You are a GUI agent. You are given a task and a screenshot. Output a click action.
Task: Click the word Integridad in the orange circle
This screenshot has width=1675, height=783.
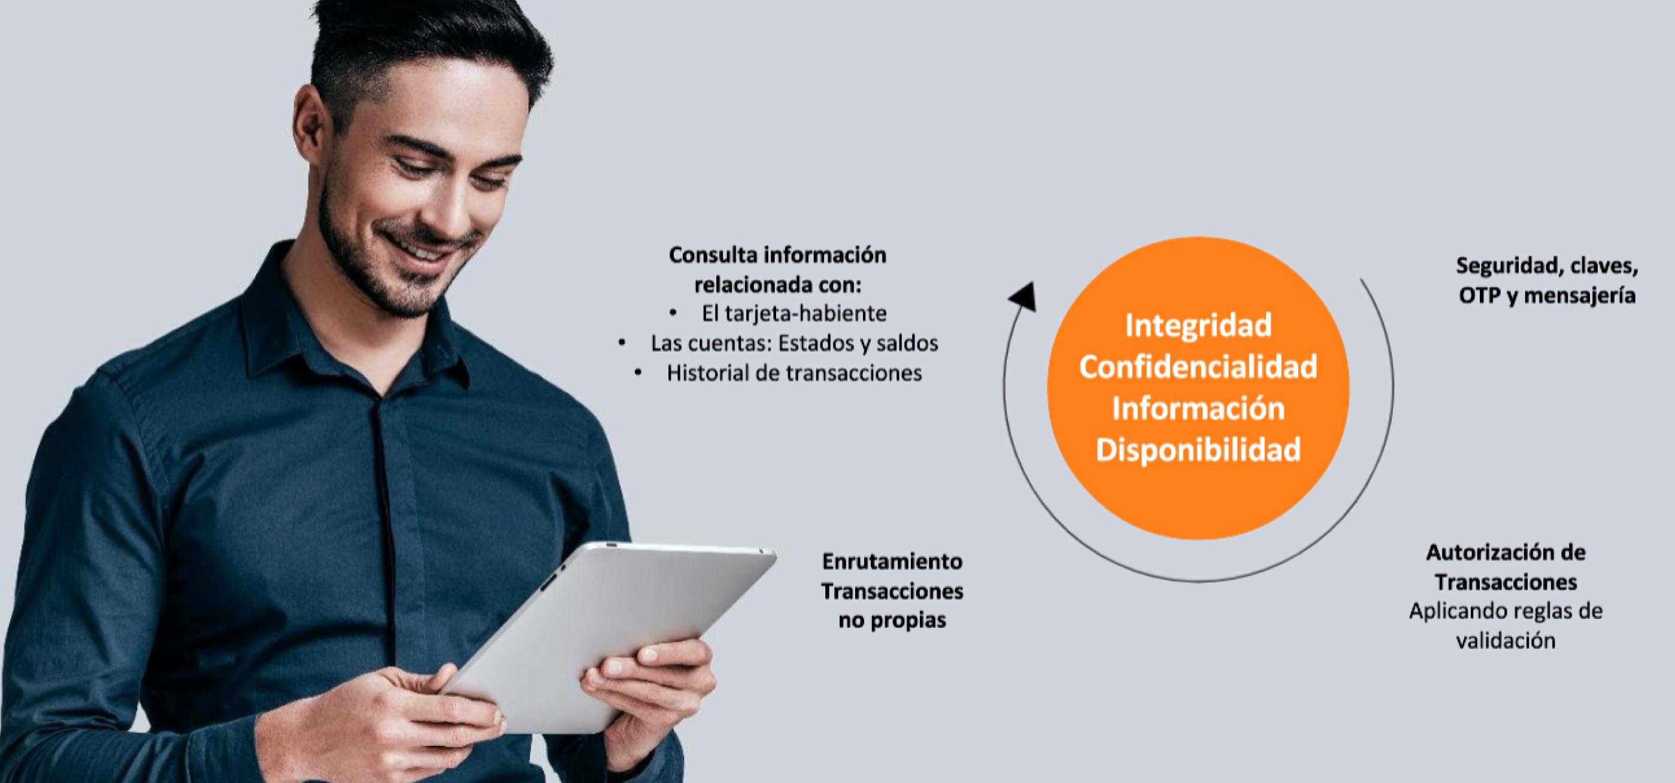[1198, 326]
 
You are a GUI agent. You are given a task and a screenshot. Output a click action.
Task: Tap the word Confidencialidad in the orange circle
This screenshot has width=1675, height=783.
[1198, 367]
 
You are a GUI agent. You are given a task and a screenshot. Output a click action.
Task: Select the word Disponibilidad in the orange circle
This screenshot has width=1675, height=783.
[1198, 450]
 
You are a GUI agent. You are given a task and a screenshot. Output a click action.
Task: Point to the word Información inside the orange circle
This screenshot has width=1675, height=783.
[1198, 409]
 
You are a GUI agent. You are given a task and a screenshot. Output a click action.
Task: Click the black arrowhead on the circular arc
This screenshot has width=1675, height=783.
[1023, 297]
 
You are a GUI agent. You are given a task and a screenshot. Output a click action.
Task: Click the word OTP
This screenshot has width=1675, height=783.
[1480, 296]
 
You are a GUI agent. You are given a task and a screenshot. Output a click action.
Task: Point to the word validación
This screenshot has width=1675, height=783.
[1506, 640]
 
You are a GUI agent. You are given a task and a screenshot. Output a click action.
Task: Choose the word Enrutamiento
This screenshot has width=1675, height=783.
[892, 561]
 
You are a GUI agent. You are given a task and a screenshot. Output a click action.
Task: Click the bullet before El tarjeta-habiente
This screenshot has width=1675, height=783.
[673, 313]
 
